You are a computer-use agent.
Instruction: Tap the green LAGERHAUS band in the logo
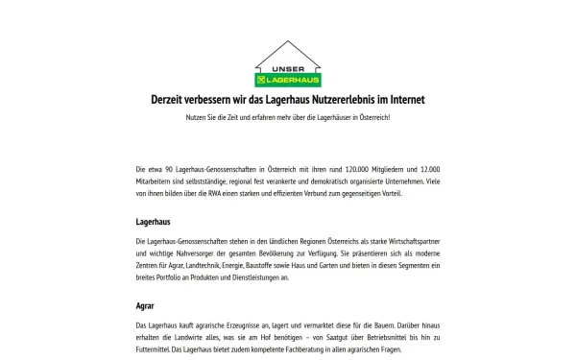coord(289,80)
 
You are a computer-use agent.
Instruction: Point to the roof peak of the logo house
coord(288,42)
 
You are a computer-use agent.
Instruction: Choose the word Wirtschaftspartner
coord(405,238)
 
